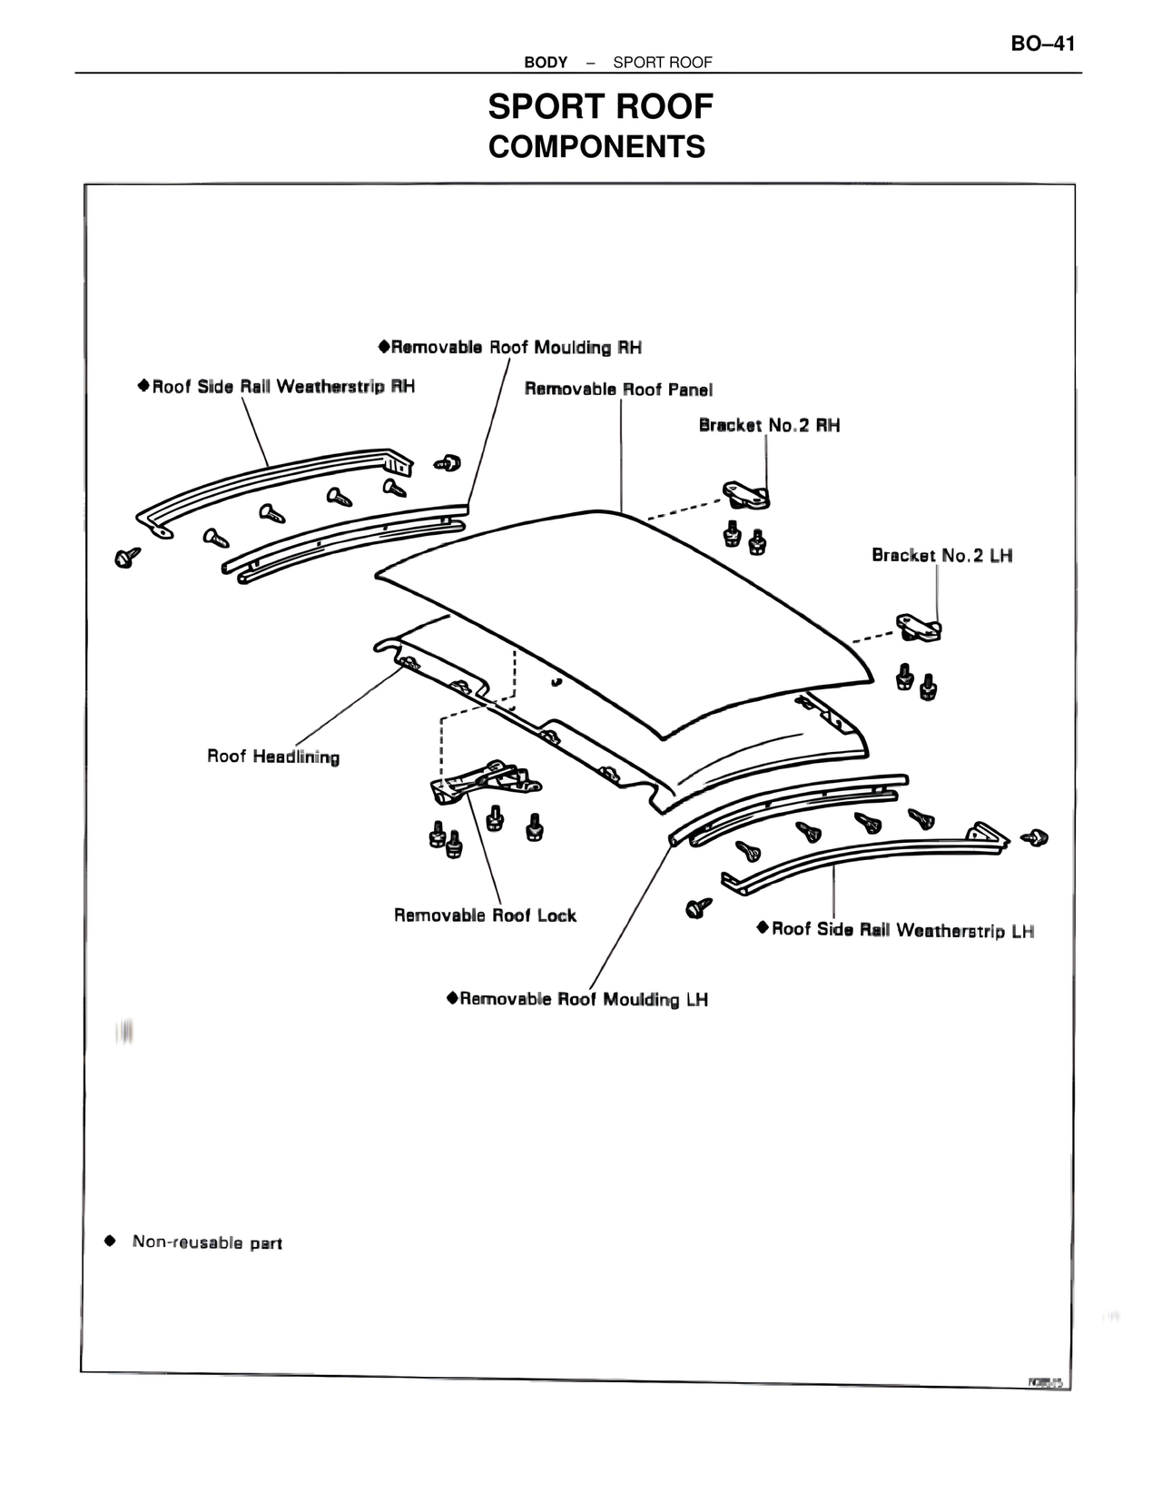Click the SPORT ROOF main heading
pyautogui.click(x=600, y=107)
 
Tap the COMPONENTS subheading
pyautogui.click(x=596, y=146)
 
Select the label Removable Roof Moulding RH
pyautogui.click(x=517, y=347)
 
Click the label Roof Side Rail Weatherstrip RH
pyautogui.click(x=283, y=386)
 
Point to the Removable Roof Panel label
pyautogui.click(x=618, y=389)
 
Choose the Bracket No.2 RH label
pyautogui.click(x=769, y=425)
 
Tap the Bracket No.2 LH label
pyautogui.click(x=941, y=554)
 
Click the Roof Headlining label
pyautogui.click(x=273, y=757)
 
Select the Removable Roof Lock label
pyautogui.click(x=485, y=915)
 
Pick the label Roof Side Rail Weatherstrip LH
pyautogui.click(x=902, y=930)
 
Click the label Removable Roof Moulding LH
pyautogui.click(x=584, y=999)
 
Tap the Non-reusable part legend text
pyautogui.click(x=207, y=1242)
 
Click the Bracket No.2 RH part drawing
pyautogui.click(x=746, y=496)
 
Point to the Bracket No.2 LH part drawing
pyautogui.click(x=918, y=627)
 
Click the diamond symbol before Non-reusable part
pyautogui.click(x=110, y=1241)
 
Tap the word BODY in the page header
pyautogui.click(x=546, y=63)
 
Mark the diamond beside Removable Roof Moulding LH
pyautogui.click(x=451, y=998)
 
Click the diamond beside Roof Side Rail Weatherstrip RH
pyautogui.click(x=143, y=385)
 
